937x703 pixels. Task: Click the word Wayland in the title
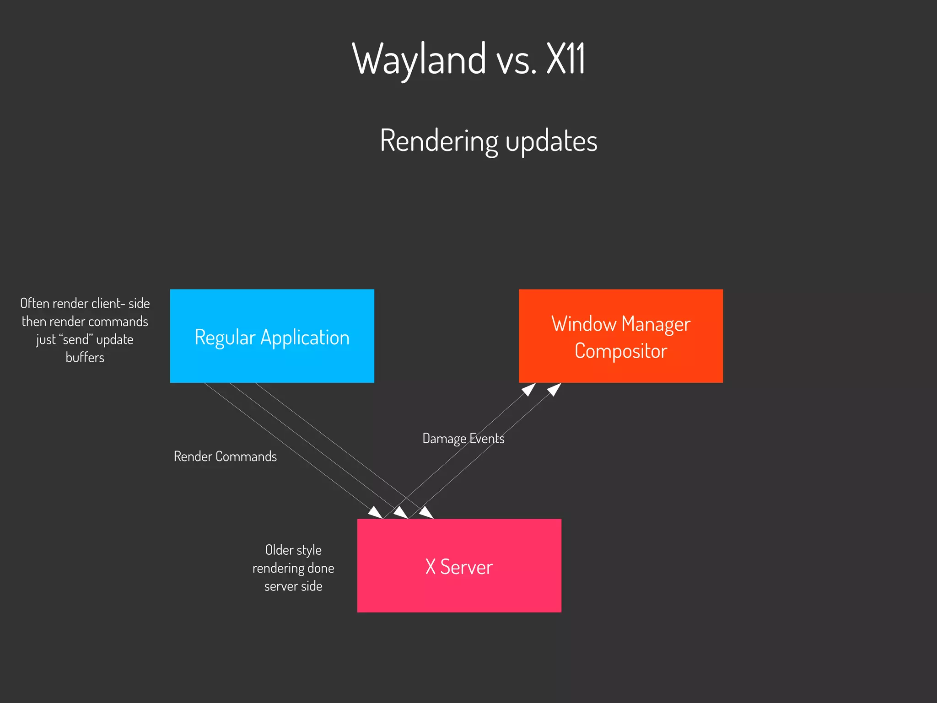(x=419, y=59)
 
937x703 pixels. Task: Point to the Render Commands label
(x=225, y=456)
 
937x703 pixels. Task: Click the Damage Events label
(x=463, y=438)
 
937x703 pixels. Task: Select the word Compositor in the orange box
(x=620, y=351)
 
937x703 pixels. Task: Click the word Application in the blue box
(x=305, y=338)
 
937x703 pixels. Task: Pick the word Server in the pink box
(x=466, y=567)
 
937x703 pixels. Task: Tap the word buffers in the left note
(x=85, y=357)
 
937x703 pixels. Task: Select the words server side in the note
(x=293, y=586)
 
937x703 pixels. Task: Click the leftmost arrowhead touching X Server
(x=376, y=513)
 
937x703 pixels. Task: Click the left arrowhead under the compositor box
(x=529, y=389)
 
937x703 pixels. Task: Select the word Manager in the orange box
(x=656, y=324)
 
